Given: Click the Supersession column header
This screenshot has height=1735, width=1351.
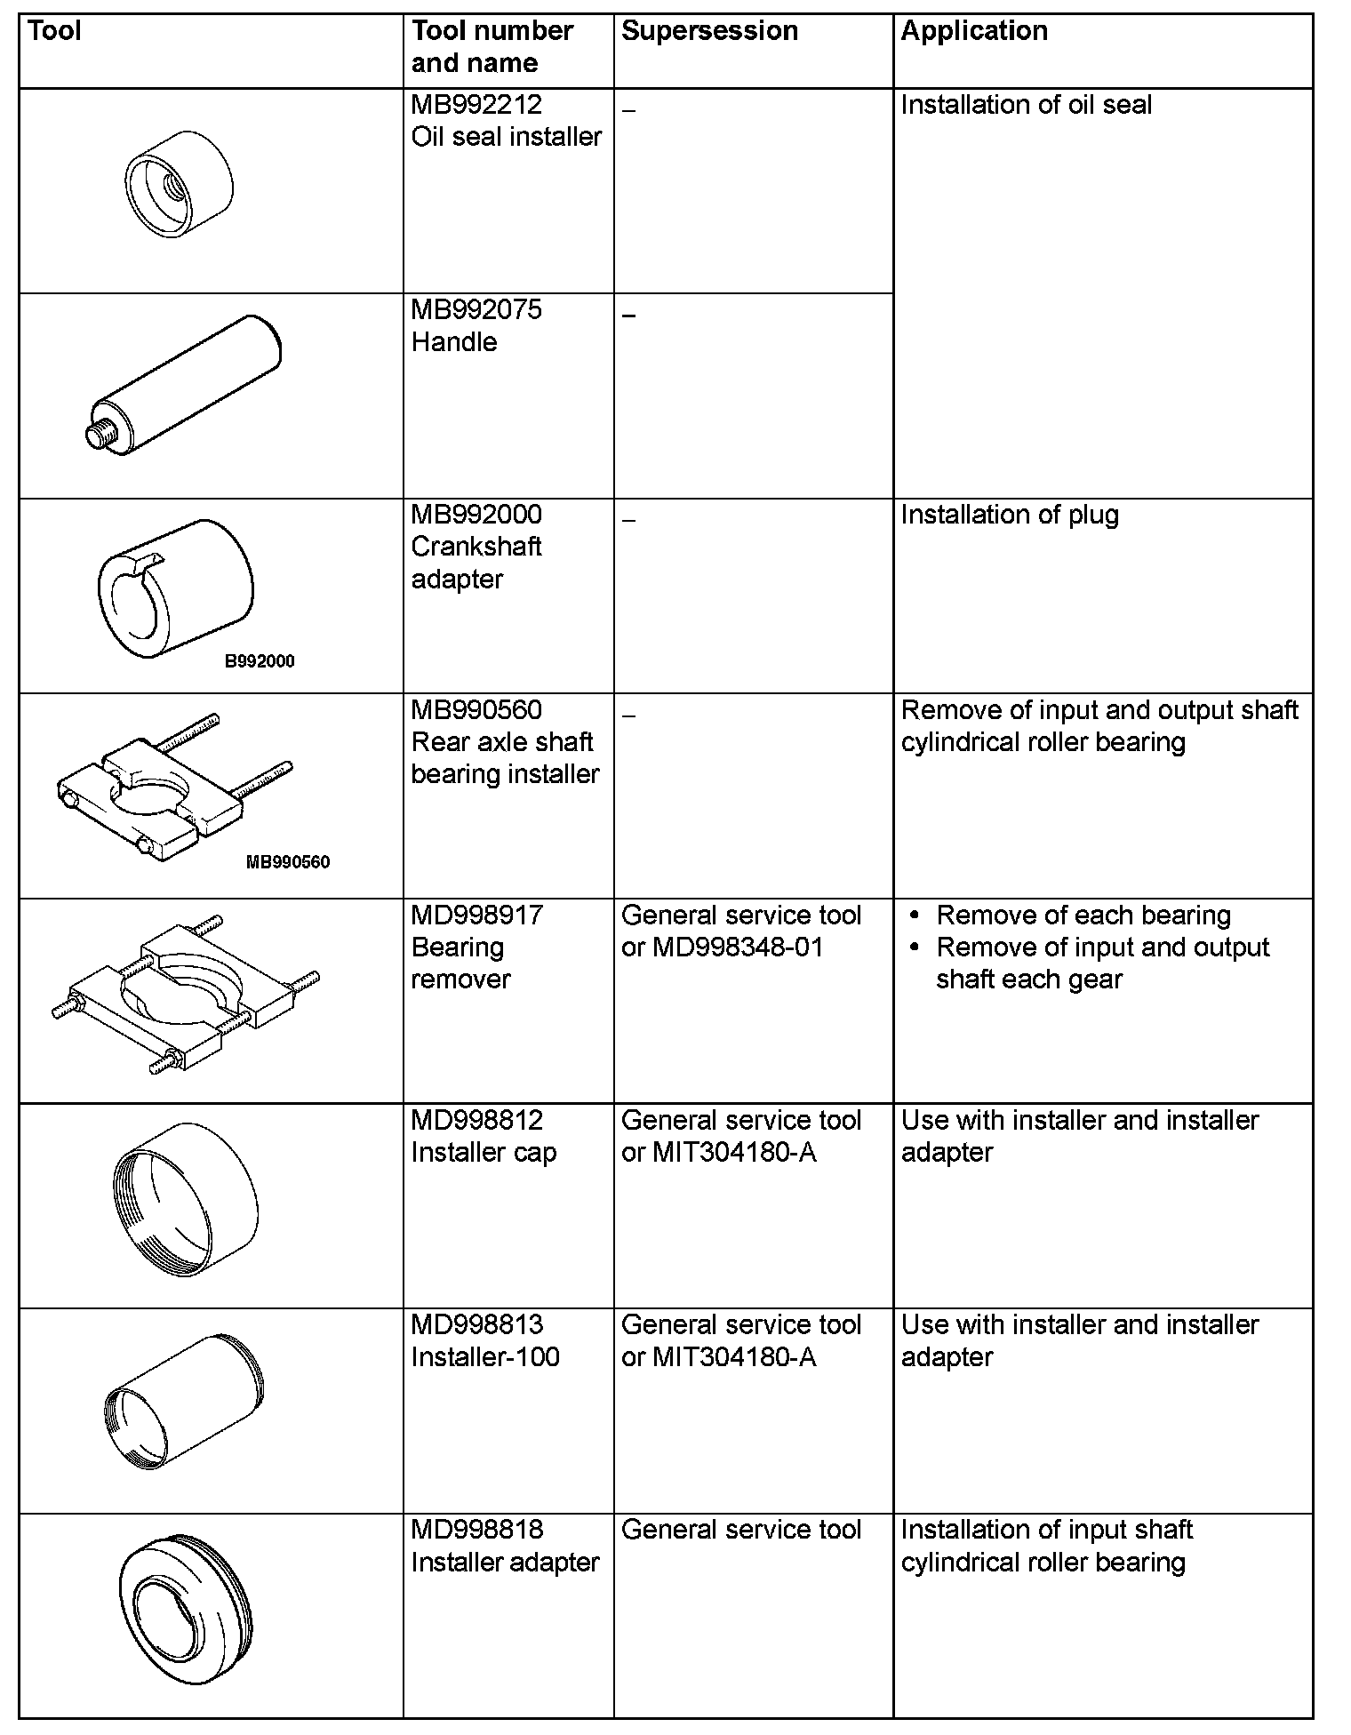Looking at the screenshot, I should point(709,31).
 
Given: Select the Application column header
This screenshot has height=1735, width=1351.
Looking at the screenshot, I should point(974,31).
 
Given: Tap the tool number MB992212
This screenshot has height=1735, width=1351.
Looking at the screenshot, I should point(476,105).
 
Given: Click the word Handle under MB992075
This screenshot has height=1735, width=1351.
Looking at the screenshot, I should point(454,342).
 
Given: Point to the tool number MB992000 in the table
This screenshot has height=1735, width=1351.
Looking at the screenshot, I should point(476,515).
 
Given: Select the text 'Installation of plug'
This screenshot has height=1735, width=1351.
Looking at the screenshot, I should point(1010,516).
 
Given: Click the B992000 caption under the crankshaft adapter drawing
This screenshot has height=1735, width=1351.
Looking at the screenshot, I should point(260,661).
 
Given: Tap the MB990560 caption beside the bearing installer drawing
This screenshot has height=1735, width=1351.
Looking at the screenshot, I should point(288,862).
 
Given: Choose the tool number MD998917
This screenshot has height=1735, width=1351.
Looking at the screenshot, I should point(476,915).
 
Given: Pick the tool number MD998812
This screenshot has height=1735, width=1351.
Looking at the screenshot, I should point(476,1121).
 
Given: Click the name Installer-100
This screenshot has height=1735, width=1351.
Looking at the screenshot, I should point(485,1357).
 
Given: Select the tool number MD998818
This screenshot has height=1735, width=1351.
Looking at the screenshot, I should point(476,1530).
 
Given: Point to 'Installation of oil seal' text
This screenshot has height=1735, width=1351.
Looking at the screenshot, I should point(1026,105).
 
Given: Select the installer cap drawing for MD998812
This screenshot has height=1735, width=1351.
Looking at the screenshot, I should point(186,1200).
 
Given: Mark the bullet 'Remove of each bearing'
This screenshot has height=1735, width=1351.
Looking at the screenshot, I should point(1083,915).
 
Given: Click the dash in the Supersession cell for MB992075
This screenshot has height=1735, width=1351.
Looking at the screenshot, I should point(629,316).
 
